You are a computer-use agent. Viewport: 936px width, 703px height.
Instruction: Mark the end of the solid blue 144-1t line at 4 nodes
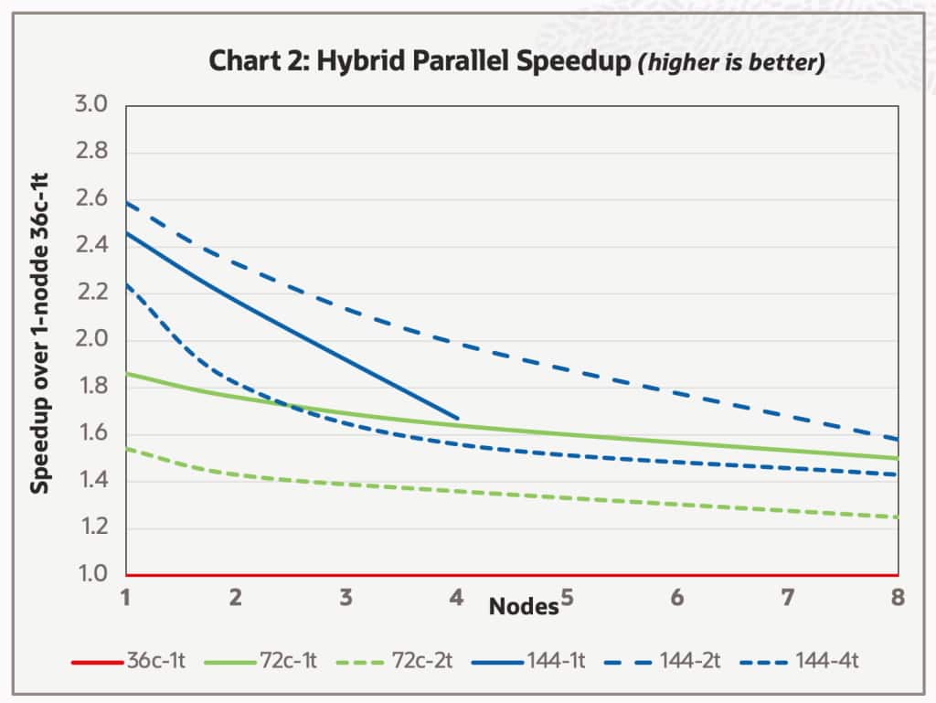(457, 419)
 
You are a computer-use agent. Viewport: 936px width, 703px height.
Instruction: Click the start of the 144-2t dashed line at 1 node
(126, 202)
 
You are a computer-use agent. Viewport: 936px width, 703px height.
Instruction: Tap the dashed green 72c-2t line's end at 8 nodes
(898, 517)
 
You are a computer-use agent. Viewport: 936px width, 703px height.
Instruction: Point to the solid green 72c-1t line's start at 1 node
(126, 373)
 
